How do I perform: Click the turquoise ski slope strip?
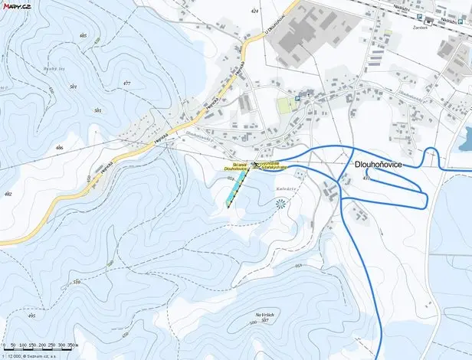coord(238,187)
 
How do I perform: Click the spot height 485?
coord(83,36)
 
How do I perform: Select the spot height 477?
coord(126,83)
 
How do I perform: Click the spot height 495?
coord(31,316)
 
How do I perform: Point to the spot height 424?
coord(254,12)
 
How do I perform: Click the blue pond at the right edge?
coord(465,139)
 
